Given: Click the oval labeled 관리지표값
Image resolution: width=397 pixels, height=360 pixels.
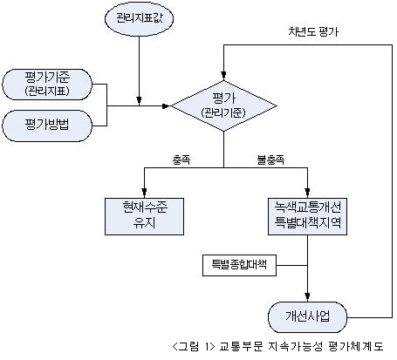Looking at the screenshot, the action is (x=139, y=18).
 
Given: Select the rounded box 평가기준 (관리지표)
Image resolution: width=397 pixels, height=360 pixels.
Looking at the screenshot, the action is (x=47, y=85).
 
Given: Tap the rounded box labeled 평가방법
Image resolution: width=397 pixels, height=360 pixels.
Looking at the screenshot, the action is (x=47, y=126).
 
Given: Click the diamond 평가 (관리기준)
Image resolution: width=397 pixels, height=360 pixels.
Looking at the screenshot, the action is (x=223, y=105).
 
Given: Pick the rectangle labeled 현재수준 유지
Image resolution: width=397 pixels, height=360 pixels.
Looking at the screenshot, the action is (x=144, y=216).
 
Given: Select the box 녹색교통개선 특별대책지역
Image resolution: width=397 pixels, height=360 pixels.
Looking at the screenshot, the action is (x=307, y=216).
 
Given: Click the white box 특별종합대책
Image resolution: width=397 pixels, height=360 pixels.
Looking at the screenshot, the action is (x=239, y=265).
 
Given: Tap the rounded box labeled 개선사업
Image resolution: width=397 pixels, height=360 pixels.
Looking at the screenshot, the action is (x=307, y=317).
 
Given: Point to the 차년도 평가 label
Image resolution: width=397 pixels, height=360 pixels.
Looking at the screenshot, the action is (x=313, y=31).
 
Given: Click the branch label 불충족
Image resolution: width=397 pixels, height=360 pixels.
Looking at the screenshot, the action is (x=270, y=160).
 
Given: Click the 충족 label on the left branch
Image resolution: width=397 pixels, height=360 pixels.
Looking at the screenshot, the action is (x=181, y=160).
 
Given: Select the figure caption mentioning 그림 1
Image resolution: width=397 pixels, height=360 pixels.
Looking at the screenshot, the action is (x=277, y=346).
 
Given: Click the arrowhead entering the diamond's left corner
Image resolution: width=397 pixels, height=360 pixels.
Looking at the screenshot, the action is (x=167, y=106).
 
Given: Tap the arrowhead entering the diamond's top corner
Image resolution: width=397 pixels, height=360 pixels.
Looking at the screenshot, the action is (x=223, y=76).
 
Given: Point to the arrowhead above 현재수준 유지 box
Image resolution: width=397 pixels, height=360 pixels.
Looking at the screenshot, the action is (x=144, y=194).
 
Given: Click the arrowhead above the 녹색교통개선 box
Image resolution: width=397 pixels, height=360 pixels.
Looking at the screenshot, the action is (x=307, y=194).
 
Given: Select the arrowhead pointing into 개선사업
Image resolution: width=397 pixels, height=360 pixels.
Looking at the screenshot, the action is (x=307, y=297).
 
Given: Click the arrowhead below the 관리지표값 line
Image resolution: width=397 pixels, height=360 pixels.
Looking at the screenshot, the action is (x=139, y=101).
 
